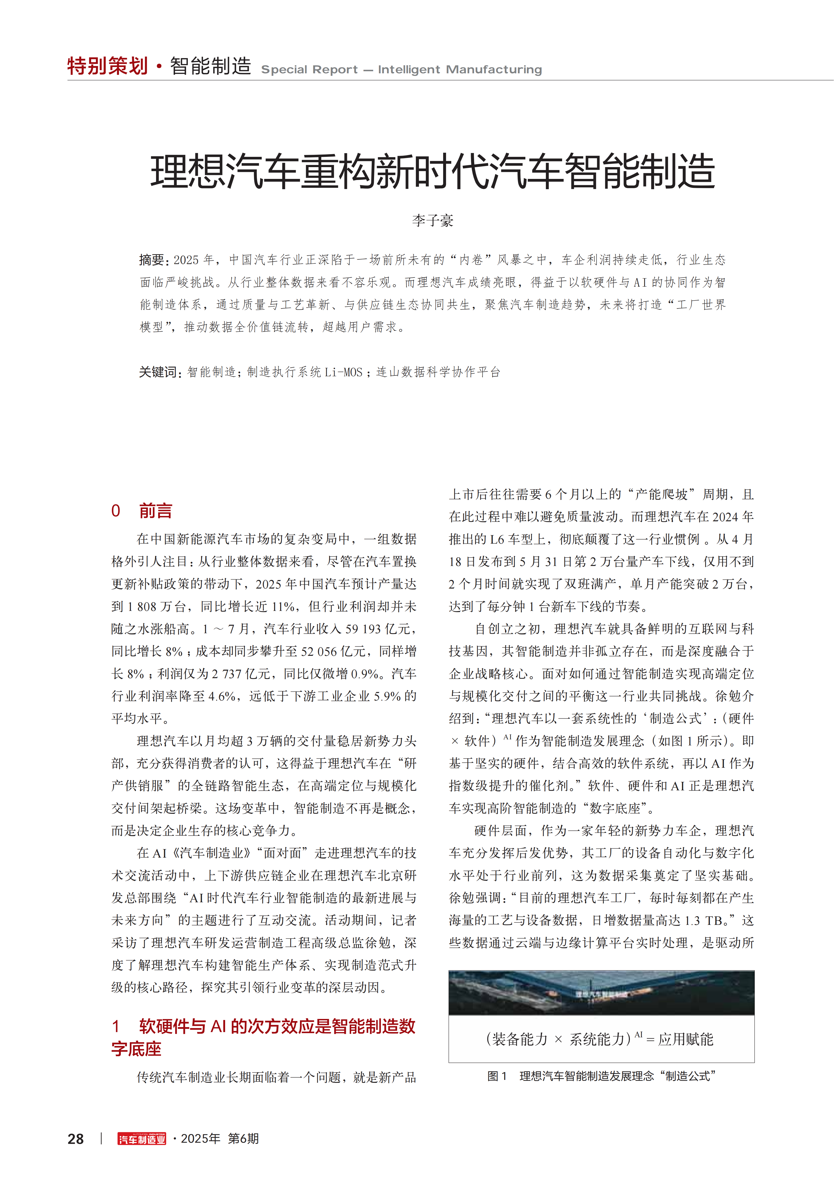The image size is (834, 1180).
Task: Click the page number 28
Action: click(x=76, y=1139)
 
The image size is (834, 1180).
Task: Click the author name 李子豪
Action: click(x=433, y=221)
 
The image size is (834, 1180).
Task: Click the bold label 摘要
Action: click(x=152, y=260)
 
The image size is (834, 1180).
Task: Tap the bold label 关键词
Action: click(x=158, y=372)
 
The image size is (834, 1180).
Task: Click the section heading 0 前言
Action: click(x=142, y=511)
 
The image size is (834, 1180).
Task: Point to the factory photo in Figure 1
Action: click(x=601, y=992)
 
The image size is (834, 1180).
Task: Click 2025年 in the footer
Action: click(x=200, y=1139)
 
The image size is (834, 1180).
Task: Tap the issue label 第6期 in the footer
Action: click(x=243, y=1139)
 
